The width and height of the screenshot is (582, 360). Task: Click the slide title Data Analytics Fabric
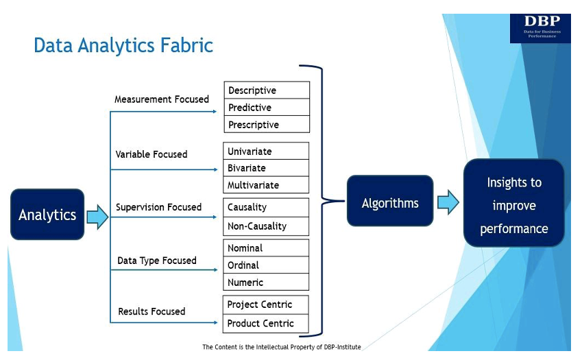123,46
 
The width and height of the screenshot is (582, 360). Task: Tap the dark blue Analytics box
47,215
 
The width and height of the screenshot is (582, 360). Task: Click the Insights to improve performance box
514,205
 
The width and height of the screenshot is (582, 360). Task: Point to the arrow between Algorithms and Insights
448,203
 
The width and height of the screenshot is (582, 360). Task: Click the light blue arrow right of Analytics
97,217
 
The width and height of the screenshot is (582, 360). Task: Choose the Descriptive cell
267,91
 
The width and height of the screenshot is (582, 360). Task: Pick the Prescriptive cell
267,125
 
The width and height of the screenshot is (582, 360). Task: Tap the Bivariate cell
267,168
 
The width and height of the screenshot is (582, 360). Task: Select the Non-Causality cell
267,226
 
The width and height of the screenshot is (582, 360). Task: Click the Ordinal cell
267,265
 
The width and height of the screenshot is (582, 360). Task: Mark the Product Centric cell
267,324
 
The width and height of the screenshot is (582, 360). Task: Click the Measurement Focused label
162,99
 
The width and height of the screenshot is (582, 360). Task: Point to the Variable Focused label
151,154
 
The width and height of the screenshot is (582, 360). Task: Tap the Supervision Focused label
158,207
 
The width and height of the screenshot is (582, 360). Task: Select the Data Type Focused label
157,261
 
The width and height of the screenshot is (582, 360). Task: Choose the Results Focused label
151,311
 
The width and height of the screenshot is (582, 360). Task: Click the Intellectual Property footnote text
281,347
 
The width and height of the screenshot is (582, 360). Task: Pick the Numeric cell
267,283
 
